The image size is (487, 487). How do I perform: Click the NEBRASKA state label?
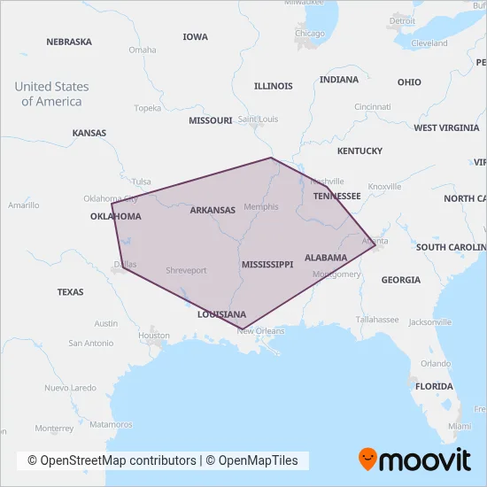tap(68, 42)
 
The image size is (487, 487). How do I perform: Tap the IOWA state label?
tap(195, 37)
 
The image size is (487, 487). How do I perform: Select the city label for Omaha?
tap(142, 50)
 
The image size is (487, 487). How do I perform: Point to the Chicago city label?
tap(310, 34)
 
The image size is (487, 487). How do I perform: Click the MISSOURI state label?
tap(210, 120)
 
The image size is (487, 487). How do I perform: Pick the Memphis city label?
tap(260, 207)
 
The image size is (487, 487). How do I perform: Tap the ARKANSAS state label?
tap(213, 210)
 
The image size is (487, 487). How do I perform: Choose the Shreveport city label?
tap(186, 270)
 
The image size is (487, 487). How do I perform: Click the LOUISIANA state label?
tap(221, 314)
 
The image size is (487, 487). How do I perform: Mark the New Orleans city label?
tap(261, 331)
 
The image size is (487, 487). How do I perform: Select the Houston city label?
tap(154, 336)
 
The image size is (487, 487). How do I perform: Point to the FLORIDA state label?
tap(434, 386)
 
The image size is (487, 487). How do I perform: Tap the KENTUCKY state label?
tap(359, 151)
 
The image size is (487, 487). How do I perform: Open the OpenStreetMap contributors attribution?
tap(112, 460)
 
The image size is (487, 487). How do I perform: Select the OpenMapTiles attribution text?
tap(256, 460)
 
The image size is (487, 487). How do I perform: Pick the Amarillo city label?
tap(23, 205)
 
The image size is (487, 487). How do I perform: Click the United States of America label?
tap(51, 94)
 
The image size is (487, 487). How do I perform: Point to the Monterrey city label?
tap(55, 428)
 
